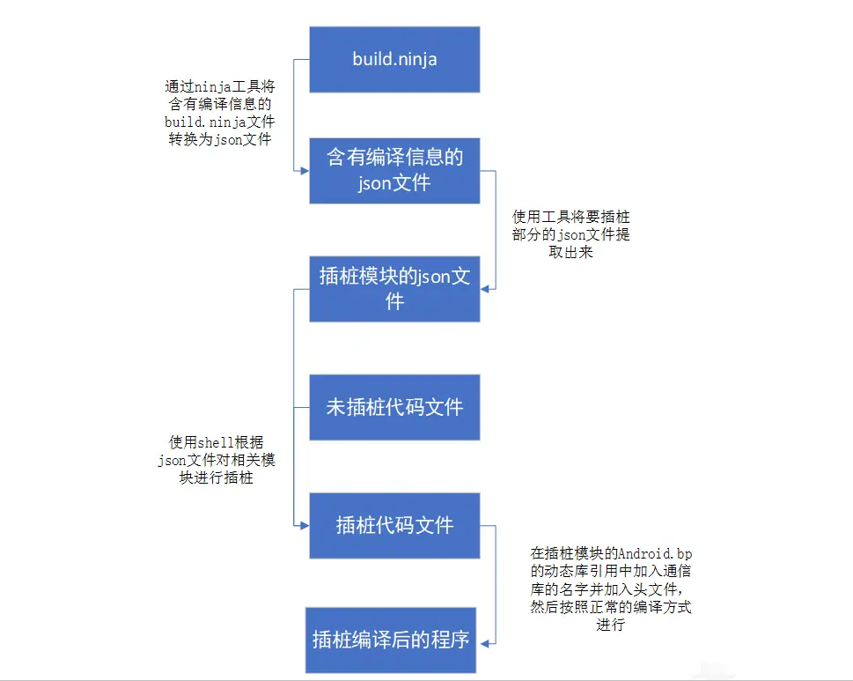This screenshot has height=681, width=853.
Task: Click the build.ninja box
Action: pos(394,59)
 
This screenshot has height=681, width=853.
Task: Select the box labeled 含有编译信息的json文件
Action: pos(394,170)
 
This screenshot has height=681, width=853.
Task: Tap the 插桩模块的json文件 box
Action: pos(394,288)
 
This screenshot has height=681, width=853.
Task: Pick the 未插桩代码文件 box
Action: pos(394,407)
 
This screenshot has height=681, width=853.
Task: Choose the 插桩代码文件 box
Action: pos(394,525)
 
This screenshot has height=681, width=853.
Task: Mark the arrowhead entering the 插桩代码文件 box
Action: pos(304,525)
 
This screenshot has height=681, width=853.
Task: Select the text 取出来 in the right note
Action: pos(571,252)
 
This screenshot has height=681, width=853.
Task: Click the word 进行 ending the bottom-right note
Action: pos(610,625)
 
